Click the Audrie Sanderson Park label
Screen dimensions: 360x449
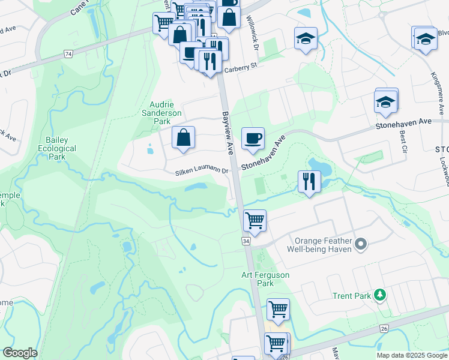tap(161, 112)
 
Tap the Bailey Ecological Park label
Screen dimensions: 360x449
tap(57, 148)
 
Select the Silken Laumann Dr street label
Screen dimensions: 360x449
tap(202, 172)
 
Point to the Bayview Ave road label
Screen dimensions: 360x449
tap(228, 133)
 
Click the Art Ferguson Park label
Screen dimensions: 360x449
tap(265, 279)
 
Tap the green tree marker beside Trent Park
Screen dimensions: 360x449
tap(379, 295)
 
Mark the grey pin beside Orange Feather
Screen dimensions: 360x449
tap(360, 244)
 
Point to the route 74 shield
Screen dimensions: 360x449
tap(68, 54)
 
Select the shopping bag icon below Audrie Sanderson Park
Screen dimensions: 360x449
tap(183, 137)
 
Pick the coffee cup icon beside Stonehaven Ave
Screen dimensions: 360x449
tap(252, 138)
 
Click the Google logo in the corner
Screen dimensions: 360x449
tap(20, 353)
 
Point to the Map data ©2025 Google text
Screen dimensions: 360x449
tap(411, 355)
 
